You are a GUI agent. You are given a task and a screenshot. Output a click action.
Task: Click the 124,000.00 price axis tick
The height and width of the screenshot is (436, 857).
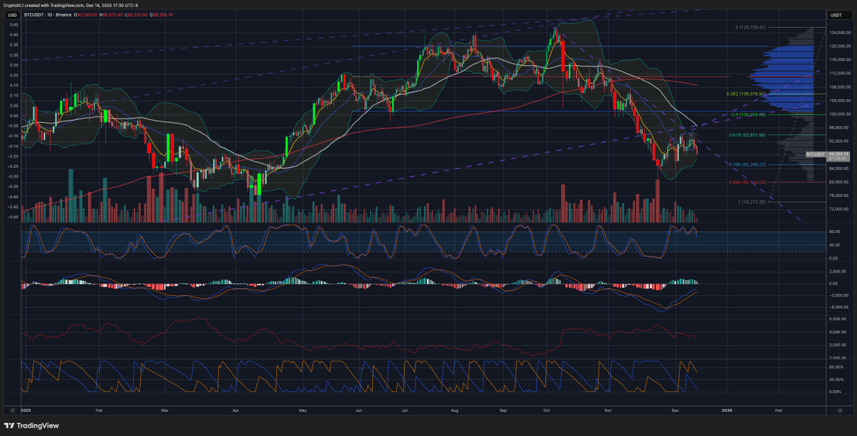tap(838, 33)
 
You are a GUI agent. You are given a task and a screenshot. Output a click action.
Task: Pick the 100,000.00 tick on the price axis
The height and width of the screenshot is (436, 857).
tap(838, 114)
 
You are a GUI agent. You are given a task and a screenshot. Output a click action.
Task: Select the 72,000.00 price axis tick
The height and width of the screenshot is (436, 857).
tap(838, 209)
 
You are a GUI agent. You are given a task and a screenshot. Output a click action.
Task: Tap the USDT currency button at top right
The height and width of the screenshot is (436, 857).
tap(835, 14)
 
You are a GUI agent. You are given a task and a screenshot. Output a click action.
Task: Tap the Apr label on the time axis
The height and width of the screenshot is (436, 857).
tap(236, 411)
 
